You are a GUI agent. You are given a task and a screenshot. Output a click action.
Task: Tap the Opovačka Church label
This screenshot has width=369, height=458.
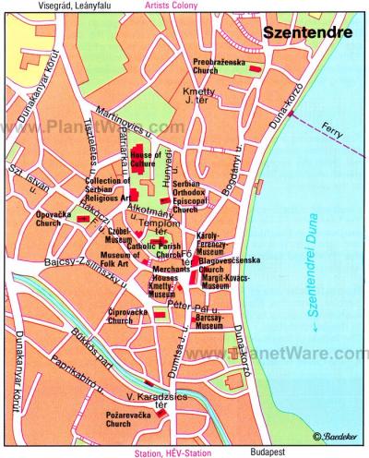pos(48,218)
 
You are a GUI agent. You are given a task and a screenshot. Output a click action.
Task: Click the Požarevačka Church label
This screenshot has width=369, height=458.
pos(130,421)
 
